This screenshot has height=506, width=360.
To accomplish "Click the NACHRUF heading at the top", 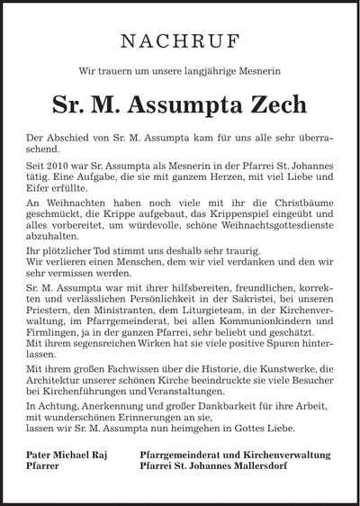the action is coord(180,41).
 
